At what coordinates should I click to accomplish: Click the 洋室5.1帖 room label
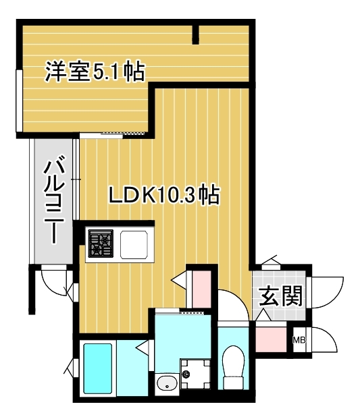tap(95, 71)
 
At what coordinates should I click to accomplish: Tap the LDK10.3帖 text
tap(164, 196)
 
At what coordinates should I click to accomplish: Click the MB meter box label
tap(299, 340)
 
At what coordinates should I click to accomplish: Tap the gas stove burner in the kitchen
tap(101, 243)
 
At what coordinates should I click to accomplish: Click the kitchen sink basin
tap(134, 243)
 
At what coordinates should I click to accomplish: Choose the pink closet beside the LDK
tap(201, 289)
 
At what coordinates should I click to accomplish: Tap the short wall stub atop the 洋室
tap(196, 32)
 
